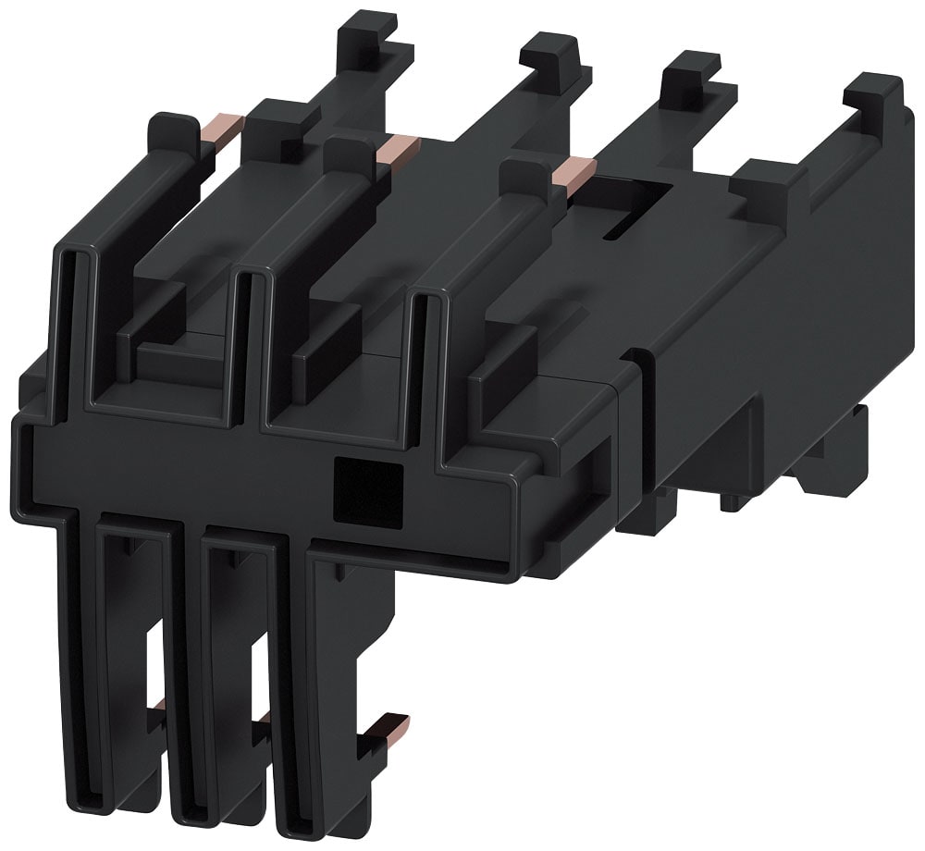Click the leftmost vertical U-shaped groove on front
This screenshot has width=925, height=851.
click(78, 324)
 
